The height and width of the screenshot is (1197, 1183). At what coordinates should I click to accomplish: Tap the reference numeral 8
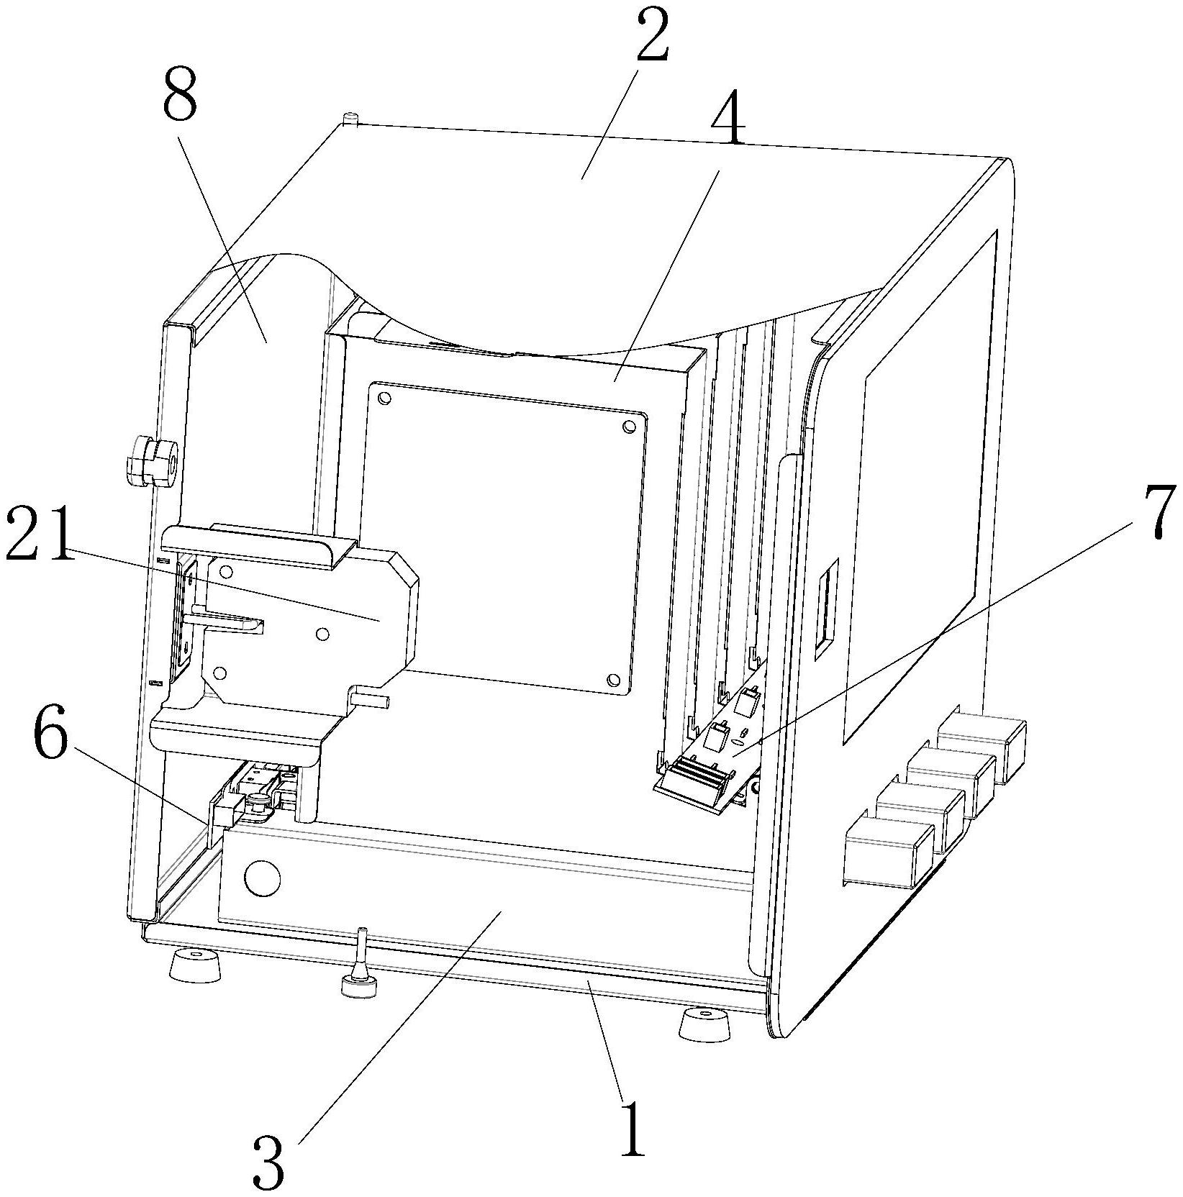pyautogui.click(x=179, y=96)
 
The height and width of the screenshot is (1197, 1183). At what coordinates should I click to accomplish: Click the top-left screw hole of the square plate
pyautogui.click(x=384, y=398)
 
